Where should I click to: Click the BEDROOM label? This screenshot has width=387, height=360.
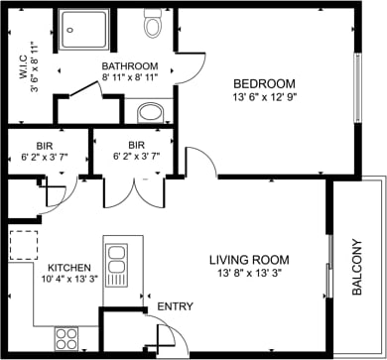263,84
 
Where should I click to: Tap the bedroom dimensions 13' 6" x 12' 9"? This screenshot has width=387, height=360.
263,98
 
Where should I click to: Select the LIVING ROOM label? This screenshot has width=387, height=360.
247,260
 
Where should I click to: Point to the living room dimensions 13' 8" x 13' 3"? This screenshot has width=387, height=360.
247,274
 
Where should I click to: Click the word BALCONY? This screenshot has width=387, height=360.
357,268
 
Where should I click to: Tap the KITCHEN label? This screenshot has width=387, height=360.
69,268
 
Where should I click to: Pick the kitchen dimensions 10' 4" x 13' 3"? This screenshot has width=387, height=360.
69,281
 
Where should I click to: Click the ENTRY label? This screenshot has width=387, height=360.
177,307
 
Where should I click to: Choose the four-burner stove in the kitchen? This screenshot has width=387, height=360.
66,337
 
